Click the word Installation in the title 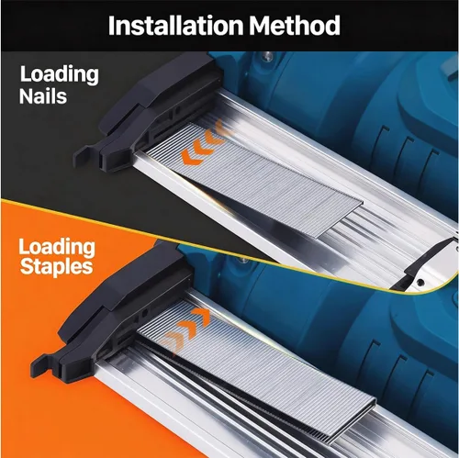[176, 25]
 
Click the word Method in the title [295, 25]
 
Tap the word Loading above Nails [60, 75]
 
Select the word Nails [43, 96]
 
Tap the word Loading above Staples [57, 248]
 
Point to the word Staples [57, 267]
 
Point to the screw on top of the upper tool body [268, 56]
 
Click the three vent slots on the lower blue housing [401, 365]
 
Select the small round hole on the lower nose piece [144, 313]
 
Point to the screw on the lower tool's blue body [243, 261]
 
